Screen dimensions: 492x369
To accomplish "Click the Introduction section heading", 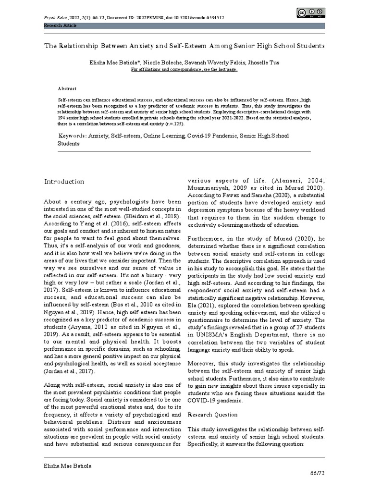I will pos(64,182).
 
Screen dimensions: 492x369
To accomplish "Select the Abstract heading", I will pos(67,89).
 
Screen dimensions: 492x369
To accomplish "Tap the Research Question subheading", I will pos(212,414).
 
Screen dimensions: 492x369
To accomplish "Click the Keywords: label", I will pos(72,136).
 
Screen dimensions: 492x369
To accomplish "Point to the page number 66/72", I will pos(317,473).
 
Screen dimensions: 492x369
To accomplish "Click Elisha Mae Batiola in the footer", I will pos(67,466).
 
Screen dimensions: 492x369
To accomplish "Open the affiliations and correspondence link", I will pos(184,69).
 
